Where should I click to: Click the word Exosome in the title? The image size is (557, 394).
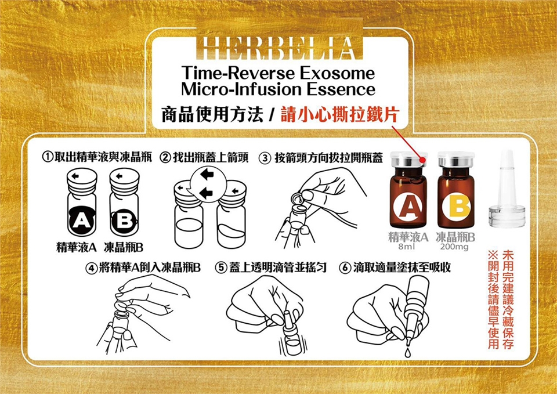(x=338, y=73)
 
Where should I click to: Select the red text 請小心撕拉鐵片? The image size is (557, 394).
(x=340, y=114)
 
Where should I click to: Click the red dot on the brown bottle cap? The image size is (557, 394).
(x=422, y=161)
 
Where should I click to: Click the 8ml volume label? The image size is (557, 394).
(x=405, y=247)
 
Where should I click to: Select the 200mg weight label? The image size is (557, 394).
(x=454, y=247)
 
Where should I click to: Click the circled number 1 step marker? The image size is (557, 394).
(x=48, y=157)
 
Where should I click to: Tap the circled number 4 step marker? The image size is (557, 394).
(x=91, y=268)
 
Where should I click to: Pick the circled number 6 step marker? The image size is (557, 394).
(x=345, y=268)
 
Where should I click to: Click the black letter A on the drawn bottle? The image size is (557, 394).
(x=82, y=221)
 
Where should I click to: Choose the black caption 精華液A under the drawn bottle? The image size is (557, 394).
(x=77, y=247)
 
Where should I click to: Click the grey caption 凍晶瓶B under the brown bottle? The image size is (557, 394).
(x=455, y=237)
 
